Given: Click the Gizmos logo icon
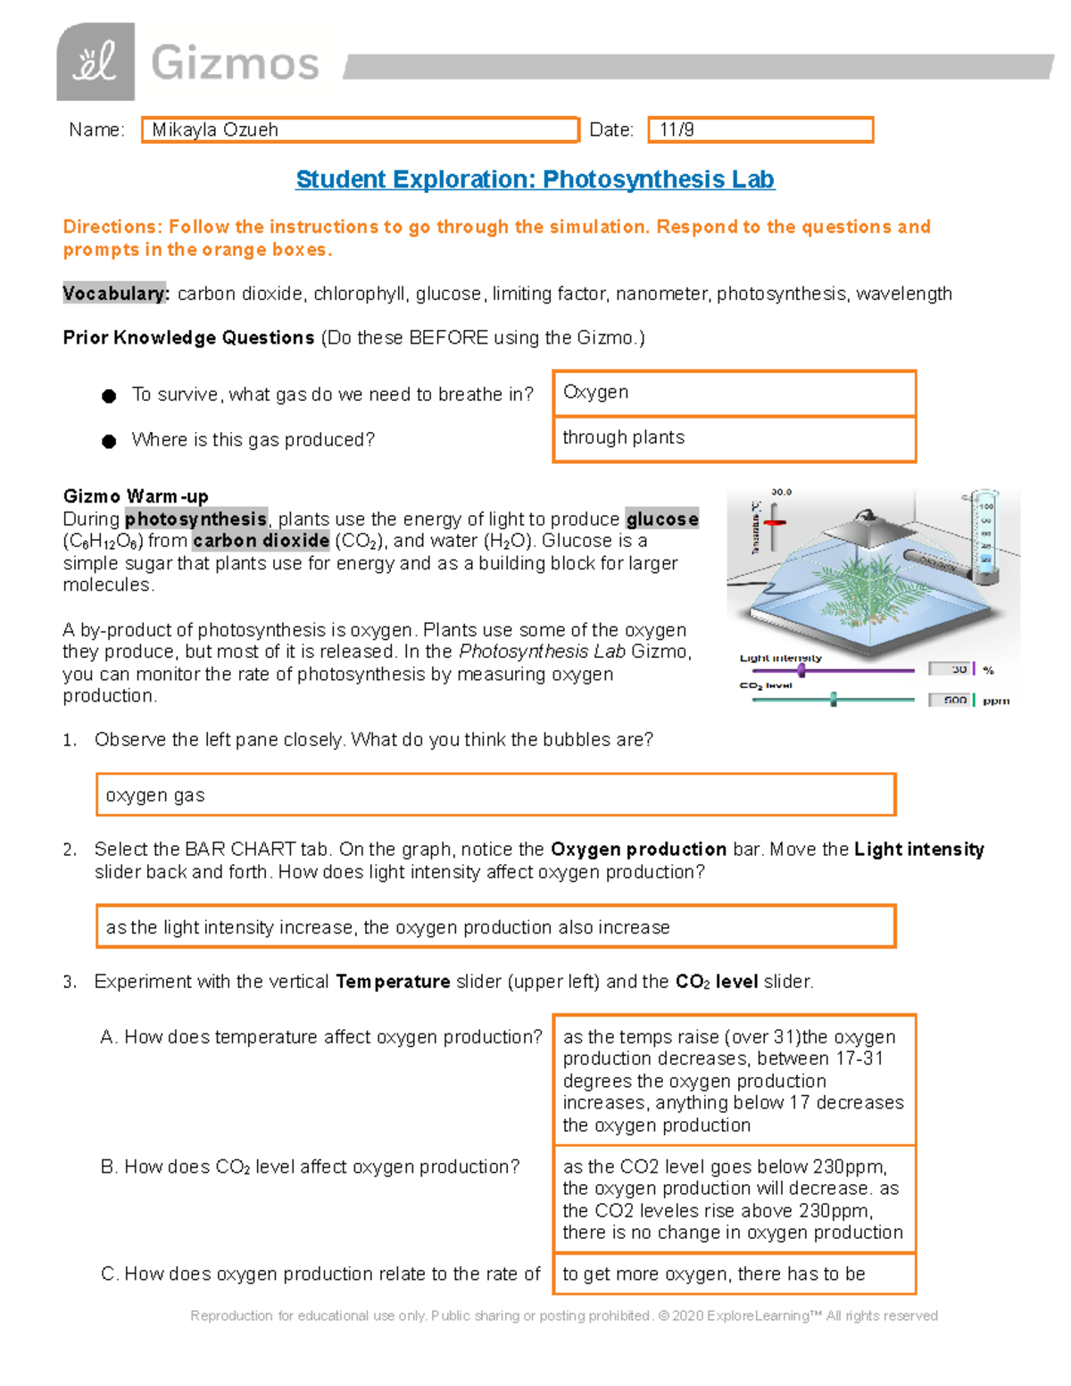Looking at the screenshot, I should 95,62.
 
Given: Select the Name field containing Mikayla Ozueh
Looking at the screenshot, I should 360,130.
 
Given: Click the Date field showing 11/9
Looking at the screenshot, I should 760,130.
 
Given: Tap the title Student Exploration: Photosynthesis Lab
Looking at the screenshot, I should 535,179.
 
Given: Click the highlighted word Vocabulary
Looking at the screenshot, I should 114,294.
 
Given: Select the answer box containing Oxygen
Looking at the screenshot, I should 734,393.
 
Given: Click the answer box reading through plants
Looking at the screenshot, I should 734,438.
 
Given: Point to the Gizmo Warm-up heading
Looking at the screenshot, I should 136,496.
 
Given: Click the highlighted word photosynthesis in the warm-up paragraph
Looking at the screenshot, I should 195,519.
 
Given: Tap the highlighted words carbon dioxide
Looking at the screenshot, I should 261,541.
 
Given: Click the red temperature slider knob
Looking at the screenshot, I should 775,522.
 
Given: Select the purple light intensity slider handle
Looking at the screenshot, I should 801,669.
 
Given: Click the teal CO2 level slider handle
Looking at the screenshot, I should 834,700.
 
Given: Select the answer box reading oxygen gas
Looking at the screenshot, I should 495,795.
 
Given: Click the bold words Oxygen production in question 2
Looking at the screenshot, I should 638,850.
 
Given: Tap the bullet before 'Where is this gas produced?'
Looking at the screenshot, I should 109,441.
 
